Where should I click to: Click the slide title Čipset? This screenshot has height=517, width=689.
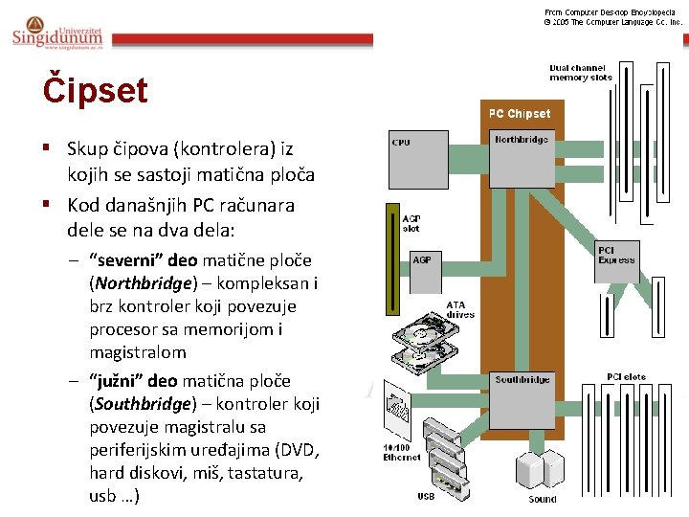coord(95,91)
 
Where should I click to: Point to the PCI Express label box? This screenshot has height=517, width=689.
coord(616,255)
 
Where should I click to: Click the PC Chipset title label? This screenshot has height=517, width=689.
coord(520,114)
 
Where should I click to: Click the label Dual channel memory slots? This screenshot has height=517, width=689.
coord(580,72)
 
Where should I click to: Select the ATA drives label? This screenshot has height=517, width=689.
coord(460,310)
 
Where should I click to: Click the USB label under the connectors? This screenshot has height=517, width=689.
coord(426,495)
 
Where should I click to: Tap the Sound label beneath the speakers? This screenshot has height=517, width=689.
coord(543,499)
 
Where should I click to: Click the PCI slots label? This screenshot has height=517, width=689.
coord(627,377)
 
